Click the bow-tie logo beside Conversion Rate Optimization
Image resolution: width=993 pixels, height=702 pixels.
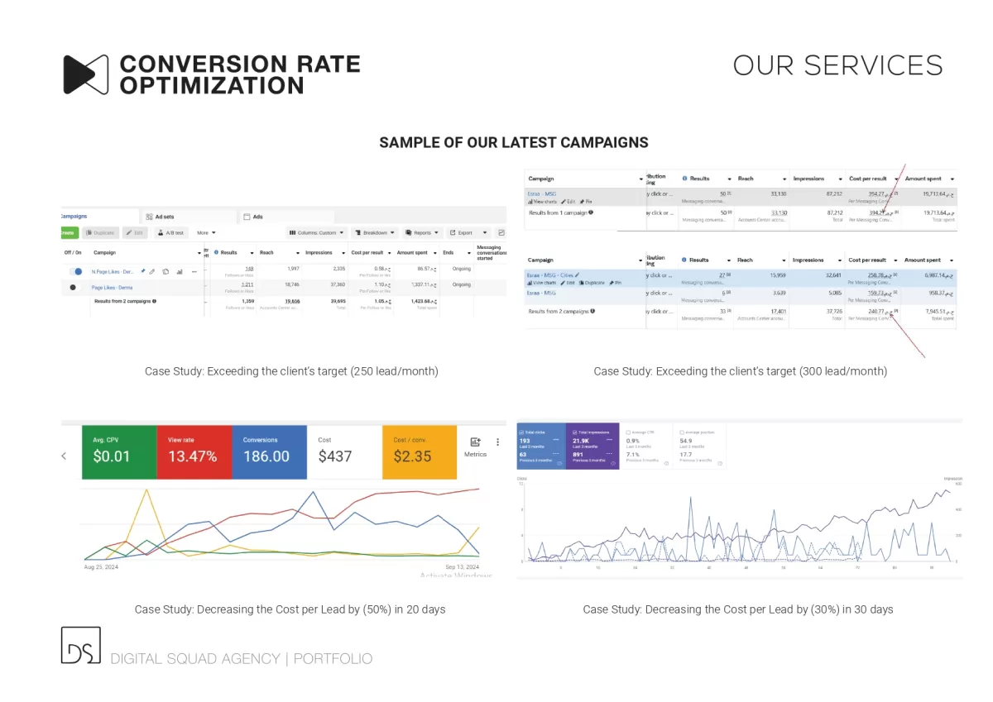point(85,74)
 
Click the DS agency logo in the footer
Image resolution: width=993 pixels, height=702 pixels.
point(80,645)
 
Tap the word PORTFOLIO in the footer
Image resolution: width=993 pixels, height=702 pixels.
point(333,659)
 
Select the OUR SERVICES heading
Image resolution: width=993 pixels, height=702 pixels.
point(837,65)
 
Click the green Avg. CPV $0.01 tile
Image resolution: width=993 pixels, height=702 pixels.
point(119,451)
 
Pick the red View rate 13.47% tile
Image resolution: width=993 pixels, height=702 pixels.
point(194,451)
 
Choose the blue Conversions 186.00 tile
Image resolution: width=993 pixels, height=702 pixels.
point(269,451)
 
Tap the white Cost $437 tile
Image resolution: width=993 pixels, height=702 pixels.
point(343,451)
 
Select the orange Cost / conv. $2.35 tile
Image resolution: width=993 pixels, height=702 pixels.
point(419,451)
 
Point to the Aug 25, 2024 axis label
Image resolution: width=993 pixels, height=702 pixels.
point(101,567)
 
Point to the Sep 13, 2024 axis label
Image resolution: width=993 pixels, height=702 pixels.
point(462,567)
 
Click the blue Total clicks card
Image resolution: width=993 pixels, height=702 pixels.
point(540,447)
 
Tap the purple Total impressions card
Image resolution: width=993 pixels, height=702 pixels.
point(593,447)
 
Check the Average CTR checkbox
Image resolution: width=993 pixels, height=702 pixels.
point(629,432)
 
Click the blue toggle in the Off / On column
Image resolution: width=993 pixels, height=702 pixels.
point(77,271)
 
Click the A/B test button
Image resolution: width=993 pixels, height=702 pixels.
point(171,233)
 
